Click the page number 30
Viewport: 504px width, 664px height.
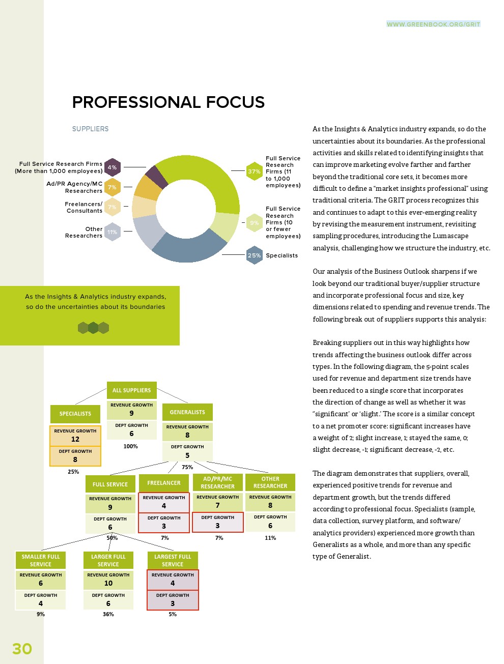coord(22,649)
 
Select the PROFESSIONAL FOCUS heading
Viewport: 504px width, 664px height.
coord(168,102)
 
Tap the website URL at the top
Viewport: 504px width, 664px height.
coord(433,24)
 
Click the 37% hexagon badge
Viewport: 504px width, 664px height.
coord(254,171)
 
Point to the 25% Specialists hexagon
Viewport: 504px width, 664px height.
coord(254,255)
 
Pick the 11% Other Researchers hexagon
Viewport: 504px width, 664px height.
coord(112,232)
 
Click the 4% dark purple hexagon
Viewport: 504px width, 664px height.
coord(112,167)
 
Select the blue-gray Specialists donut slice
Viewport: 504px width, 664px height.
coord(188,248)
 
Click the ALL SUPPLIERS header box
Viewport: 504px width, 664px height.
coord(131,390)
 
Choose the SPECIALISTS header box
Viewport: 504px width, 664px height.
coord(75,414)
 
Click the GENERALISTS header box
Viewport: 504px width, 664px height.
coord(187,412)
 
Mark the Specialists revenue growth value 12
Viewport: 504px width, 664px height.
coord(75,439)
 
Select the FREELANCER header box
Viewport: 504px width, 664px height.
coord(164,483)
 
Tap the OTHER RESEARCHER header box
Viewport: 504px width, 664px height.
coord(270,482)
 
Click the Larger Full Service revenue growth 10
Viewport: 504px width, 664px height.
coord(108,583)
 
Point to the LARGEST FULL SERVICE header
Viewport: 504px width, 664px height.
coord(173,560)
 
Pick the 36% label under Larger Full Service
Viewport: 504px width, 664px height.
coord(108,614)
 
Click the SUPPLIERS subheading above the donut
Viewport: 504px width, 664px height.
coord(90,129)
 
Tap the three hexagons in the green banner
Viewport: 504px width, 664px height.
coord(93,328)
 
